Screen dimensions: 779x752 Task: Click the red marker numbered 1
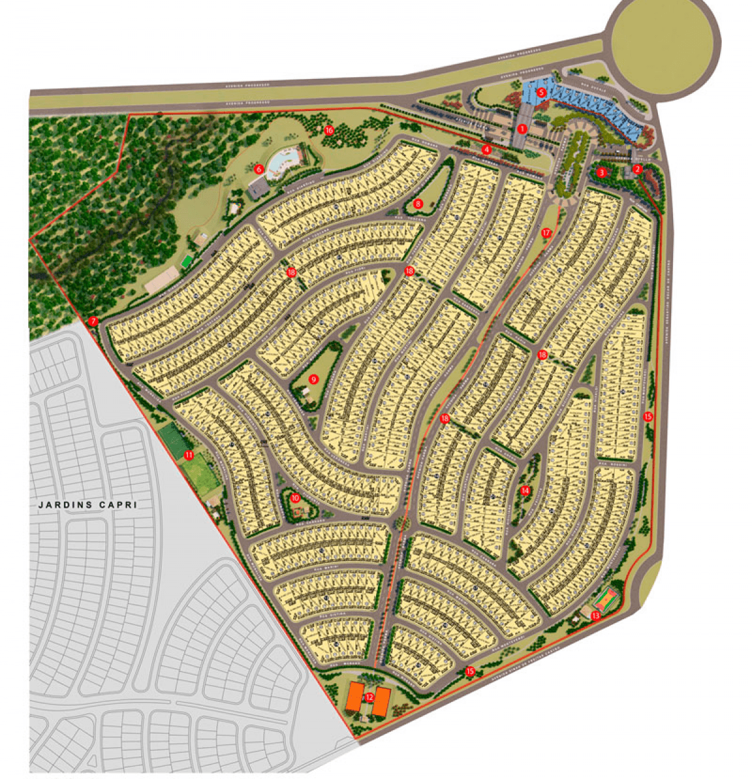[521, 129]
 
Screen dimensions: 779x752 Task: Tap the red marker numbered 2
[637, 169]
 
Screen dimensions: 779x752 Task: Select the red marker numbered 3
[601, 172]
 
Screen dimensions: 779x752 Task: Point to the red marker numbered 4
[487, 150]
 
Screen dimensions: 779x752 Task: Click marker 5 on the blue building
[543, 92]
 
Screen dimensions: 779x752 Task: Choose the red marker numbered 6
[258, 168]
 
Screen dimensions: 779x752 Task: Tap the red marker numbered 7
[93, 321]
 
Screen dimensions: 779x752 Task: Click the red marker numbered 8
[418, 204]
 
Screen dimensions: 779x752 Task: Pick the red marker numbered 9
[314, 379]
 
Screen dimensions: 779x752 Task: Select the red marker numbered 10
[295, 499]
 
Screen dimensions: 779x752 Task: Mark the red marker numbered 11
[188, 455]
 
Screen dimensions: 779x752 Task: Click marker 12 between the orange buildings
[369, 697]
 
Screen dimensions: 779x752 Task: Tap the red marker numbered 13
[595, 616]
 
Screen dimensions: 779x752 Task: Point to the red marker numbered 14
[525, 491]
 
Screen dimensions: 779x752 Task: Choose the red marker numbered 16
[329, 130]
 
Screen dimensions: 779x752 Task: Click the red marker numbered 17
[546, 233]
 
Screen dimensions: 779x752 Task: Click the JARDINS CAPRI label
[87, 505]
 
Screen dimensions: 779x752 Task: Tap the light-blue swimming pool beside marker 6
[279, 164]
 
